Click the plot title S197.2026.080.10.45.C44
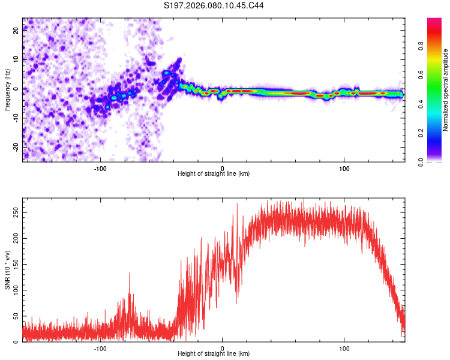point(214,5)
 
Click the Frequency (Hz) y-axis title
point(7,90)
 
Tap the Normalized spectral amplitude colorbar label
point(445,90)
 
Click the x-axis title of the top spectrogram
point(214,173)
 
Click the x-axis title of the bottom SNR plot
point(214,353)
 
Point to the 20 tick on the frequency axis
point(17,31)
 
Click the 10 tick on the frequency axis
point(17,60)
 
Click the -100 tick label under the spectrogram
point(100,167)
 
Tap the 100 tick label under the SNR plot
point(344,347)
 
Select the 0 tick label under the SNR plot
point(223,347)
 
